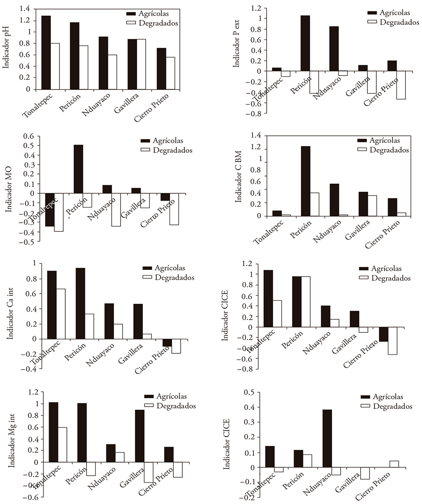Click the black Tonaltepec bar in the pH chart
46,53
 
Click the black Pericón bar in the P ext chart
305,43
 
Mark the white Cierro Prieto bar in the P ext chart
401,85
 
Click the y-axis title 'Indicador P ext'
237,46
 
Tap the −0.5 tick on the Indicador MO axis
28,242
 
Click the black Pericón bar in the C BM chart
306,181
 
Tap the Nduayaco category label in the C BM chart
327,231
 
